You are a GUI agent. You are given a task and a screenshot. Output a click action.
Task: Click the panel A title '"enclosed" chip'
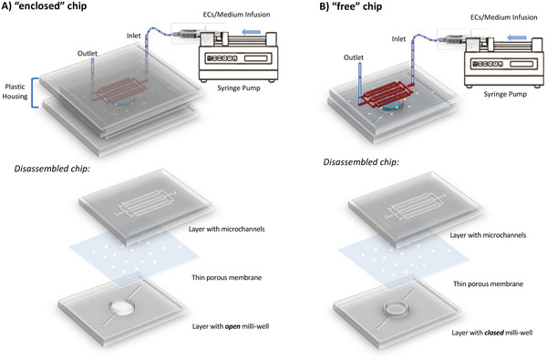(x=57, y=10)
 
